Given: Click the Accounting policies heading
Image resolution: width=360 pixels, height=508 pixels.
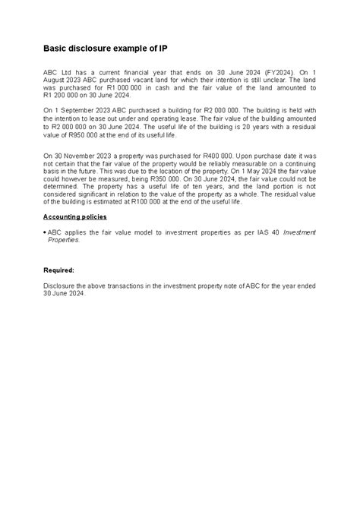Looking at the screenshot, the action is pos(74,216).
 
